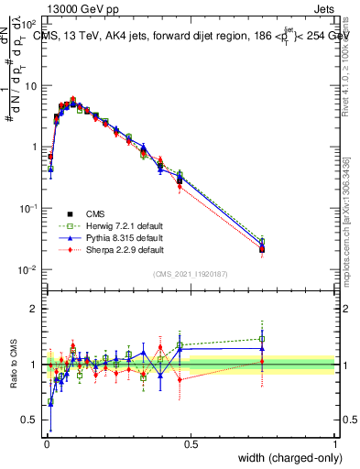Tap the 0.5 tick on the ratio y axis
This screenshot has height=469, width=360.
tap(32, 420)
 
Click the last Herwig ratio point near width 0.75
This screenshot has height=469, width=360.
tap(262, 339)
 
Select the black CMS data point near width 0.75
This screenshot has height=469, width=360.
tap(262, 249)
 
